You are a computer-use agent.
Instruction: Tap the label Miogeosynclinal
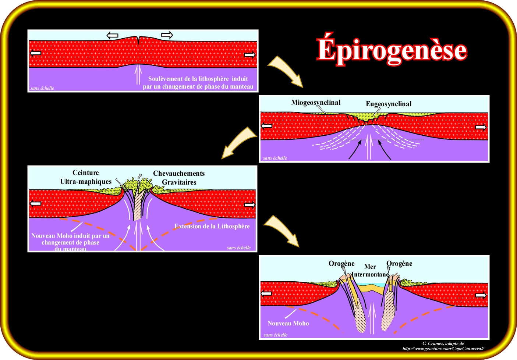click(316, 103)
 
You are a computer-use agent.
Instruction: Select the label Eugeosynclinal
click(389, 104)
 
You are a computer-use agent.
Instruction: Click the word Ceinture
click(85, 173)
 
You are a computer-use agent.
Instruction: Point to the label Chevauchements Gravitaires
click(179, 178)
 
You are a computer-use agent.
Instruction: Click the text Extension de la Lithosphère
click(212, 227)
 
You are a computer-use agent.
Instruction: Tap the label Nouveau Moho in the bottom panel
click(288, 324)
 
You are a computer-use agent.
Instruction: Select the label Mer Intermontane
click(370, 271)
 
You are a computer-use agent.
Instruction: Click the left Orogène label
click(341, 264)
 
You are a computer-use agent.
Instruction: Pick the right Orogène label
click(399, 264)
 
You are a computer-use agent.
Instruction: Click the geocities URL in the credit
click(443, 349)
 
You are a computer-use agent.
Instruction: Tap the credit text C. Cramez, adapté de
click(443, 343)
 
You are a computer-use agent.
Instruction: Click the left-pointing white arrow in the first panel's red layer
click(36, 53)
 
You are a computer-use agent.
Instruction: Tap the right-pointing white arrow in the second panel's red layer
click(481, 128)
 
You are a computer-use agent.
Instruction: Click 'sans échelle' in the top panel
click(42, 88)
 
